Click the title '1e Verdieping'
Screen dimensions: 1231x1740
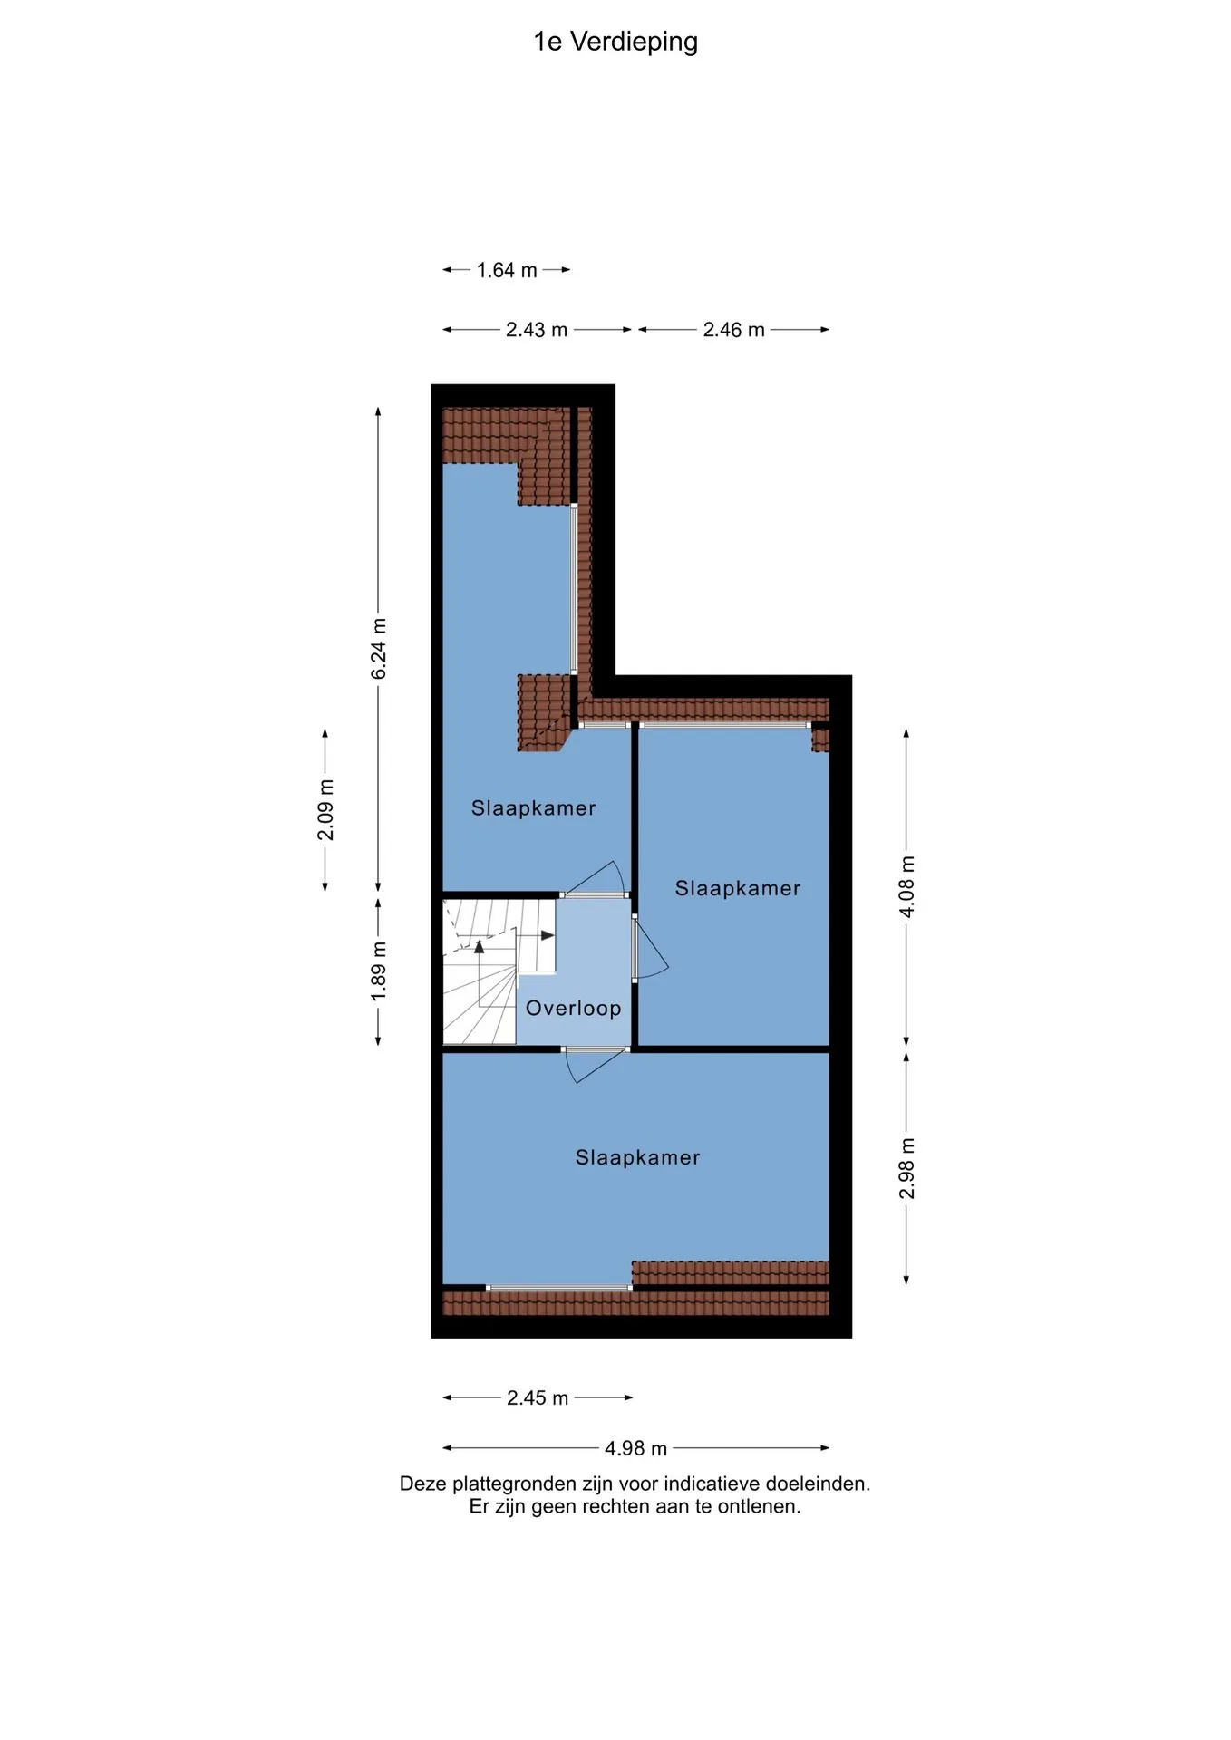click(615, 42)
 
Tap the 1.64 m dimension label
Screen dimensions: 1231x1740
click(507, 270)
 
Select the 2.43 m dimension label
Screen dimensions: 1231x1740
click(537, 330)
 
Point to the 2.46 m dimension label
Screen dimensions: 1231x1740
click(733, 330)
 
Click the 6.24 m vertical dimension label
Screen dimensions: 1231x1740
click(379, 649)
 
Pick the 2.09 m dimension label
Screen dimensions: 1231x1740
click(325, 809)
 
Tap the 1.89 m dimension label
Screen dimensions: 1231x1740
click(379, 971)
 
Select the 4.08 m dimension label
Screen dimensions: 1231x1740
click(907, 886)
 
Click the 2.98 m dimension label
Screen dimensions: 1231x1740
click(907, 1168)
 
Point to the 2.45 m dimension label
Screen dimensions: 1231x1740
click(538, 1397)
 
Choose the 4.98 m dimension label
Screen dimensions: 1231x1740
click(635, 1448)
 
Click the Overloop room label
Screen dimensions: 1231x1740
click(574, 1008)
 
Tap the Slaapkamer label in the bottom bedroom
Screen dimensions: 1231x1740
click(638, 1157)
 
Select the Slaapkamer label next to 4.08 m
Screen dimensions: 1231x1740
click(738, 888)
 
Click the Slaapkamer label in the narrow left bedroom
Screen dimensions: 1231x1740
click(534, 808)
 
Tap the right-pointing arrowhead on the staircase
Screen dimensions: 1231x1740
click(548, 935)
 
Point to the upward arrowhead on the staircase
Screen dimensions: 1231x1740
click(480, 947)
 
